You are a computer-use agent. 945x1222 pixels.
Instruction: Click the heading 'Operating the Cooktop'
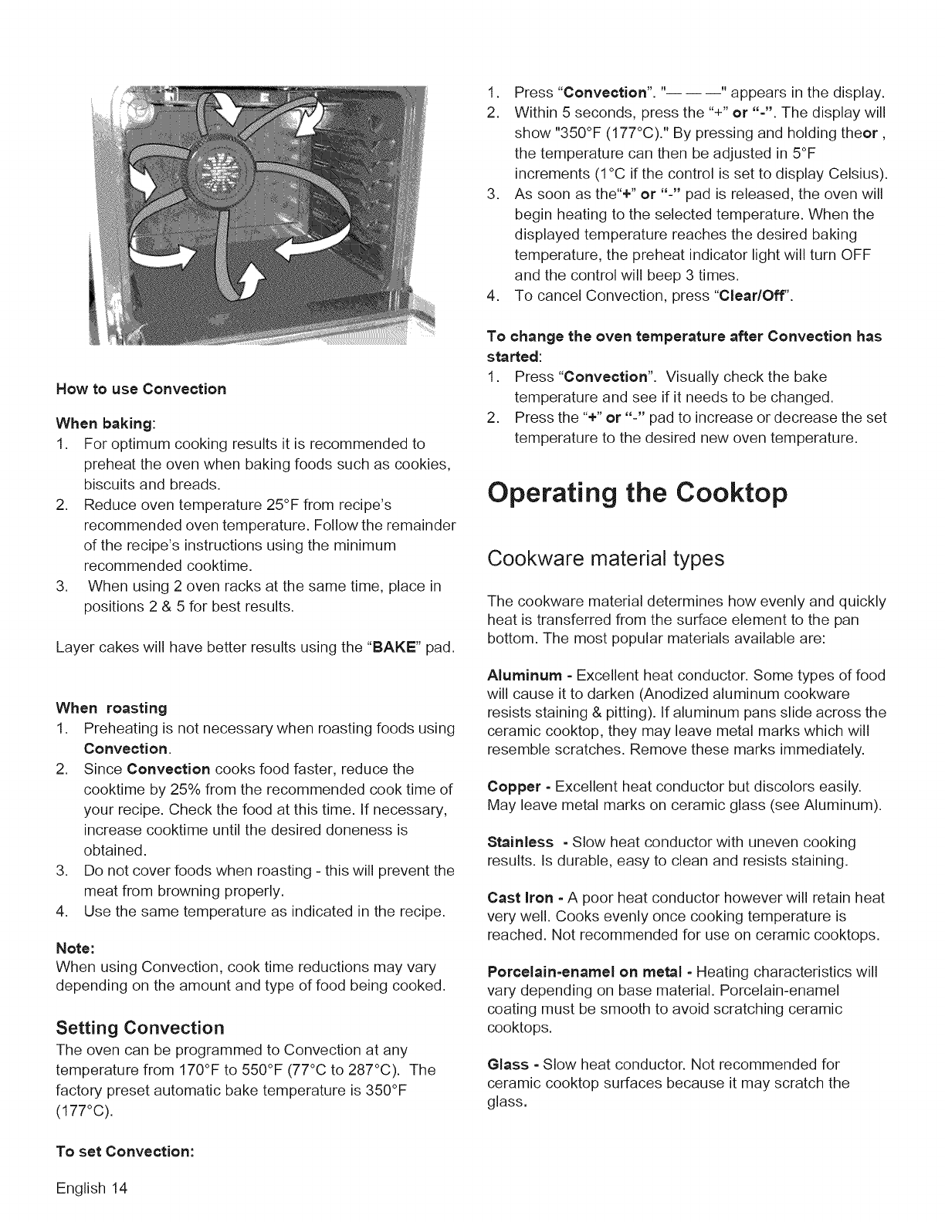637,493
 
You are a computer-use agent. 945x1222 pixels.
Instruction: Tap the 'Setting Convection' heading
140,1028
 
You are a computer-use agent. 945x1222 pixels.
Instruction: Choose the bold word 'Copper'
514,787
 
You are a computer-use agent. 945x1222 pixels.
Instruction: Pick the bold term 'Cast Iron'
520,898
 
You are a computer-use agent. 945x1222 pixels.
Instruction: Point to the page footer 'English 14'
90,1187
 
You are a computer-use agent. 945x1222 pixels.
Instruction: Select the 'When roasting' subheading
111,708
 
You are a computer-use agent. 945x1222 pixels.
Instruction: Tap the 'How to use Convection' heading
141,389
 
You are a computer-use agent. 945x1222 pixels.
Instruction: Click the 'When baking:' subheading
107,424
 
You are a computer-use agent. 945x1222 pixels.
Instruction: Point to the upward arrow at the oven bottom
251,283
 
